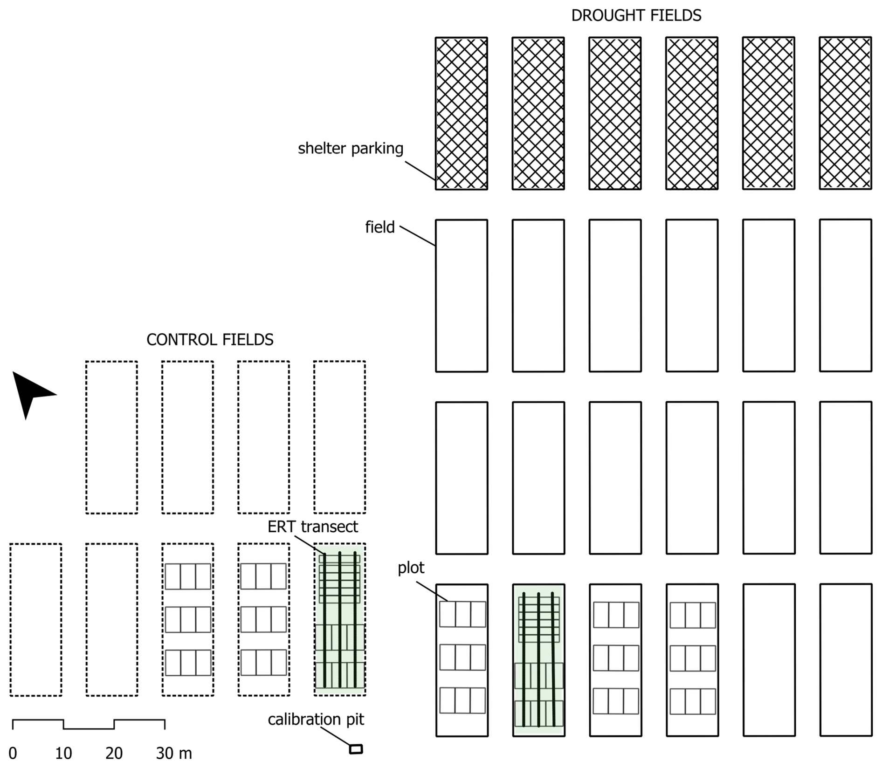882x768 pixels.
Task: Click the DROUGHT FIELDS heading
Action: click(x=636, y=15)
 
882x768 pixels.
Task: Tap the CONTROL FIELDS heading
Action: click(x=210, y=340)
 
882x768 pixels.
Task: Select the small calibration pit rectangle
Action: click(x=356, y=749)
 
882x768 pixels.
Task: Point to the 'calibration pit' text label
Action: click(x=316, y=720)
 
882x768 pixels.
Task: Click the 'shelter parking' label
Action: click(x=351, y=149)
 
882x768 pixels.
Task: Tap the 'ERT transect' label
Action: click(x=312, y=527)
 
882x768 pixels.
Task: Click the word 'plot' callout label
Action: click(x=411, y=568)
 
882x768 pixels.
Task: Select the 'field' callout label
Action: click(x=379, y=227)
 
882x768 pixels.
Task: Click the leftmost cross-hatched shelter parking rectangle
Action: click(x=462, y=113)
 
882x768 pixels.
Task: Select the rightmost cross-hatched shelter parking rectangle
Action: click(x=845, y=113)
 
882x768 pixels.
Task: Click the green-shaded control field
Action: click(x=339, y=619)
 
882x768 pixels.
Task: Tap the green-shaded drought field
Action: click(x=538, y=660)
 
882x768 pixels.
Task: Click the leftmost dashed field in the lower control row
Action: click(x=36, y=619)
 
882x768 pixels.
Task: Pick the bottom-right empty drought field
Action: click(x=846, y=660)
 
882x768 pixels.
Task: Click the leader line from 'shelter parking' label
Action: click(x=420, y=171)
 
